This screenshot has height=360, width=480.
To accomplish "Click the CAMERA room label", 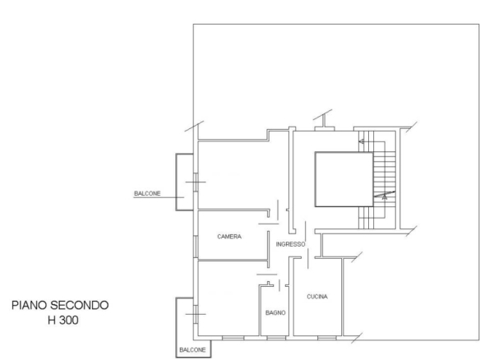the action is [229, 237].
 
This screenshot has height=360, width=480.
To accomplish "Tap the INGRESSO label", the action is [290, 244].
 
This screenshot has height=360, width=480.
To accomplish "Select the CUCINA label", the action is [317, 297].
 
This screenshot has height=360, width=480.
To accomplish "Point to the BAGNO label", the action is [275, 312].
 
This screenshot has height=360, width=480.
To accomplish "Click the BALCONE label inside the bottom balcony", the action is [192, 349].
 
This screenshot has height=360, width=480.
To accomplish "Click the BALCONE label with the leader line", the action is [147, 193].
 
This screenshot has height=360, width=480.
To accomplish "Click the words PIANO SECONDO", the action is [60, 305].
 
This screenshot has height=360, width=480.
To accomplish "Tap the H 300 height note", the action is [63, 321].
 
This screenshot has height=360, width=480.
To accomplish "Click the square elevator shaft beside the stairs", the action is [344, 179].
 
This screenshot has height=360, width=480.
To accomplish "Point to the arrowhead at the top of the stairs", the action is [361, 141].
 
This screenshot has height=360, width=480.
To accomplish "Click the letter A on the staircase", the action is [385, 198].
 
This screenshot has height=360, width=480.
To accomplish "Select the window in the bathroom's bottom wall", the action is [276, 338].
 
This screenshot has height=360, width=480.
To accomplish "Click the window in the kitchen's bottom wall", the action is [327, 338].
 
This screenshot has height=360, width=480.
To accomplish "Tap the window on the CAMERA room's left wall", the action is [196, 247].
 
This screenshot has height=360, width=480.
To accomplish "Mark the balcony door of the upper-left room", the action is [196, 182].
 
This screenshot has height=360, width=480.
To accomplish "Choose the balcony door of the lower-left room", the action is [196, 314].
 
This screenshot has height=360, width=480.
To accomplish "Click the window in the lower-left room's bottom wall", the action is [233, 338].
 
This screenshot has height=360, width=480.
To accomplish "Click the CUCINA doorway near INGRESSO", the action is [308, 258].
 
